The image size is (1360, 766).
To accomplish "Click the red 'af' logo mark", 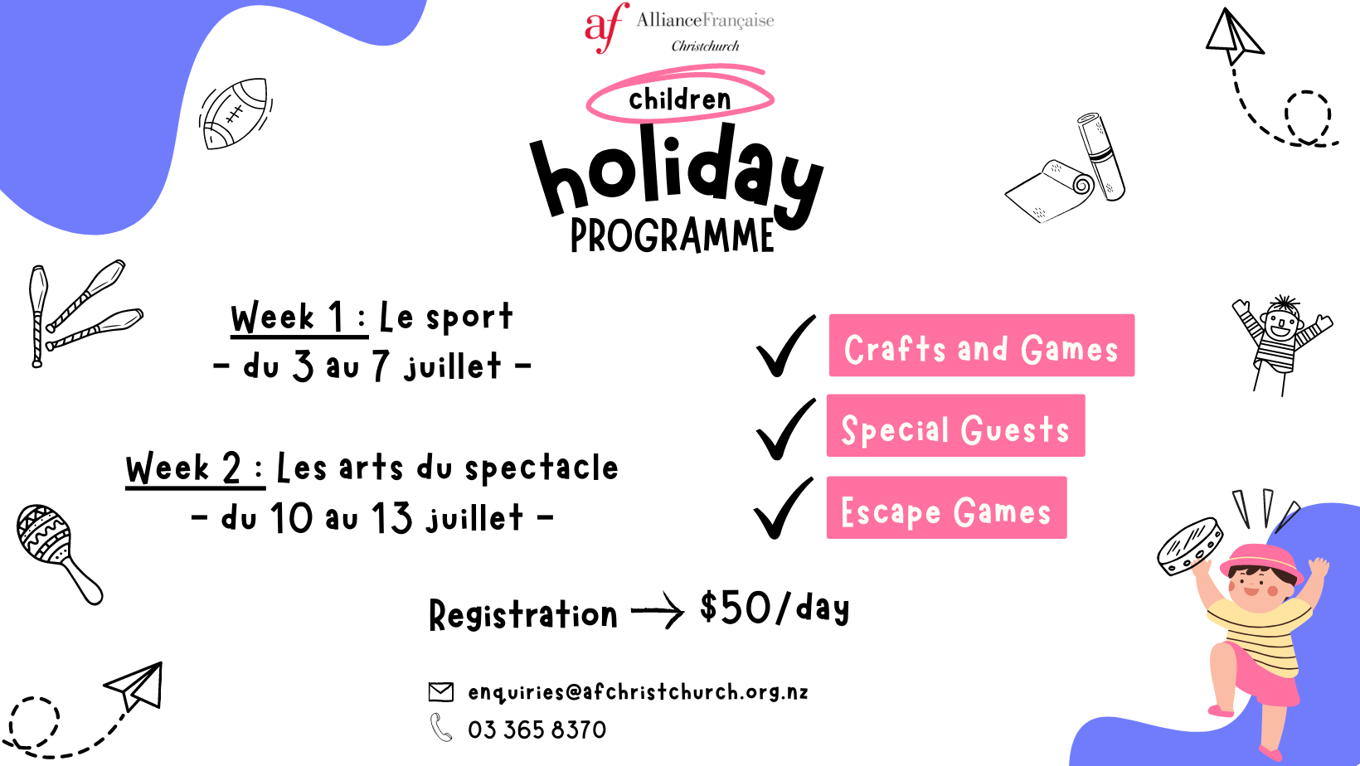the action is click(606, 27).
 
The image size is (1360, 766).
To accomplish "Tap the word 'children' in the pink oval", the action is click(679, 99).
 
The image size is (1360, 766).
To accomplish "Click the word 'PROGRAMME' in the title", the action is click(672, 235).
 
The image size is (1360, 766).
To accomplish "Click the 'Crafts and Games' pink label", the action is click(982, 346).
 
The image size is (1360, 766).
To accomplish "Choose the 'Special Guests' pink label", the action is click(955, 425).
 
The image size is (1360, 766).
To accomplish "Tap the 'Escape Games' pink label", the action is click(946, 507).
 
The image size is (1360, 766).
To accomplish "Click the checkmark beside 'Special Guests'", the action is click(785, 429).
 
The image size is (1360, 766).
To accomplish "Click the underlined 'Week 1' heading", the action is click(299, 318).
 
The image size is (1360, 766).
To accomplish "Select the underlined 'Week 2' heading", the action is click(196, 469).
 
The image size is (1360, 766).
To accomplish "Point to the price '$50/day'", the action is click(774, 608).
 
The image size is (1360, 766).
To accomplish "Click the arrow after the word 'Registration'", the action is click(658, 611).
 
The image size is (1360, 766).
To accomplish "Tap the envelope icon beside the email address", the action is click(441, 692).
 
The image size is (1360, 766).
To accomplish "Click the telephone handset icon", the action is click(441, 727).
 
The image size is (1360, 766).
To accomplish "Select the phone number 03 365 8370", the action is click(537, 730).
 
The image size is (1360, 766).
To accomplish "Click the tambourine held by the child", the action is click(1189, 546).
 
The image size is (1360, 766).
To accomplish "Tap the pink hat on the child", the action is click(1261, 561).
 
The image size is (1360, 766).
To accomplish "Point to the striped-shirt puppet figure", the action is click(1280, 344).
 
